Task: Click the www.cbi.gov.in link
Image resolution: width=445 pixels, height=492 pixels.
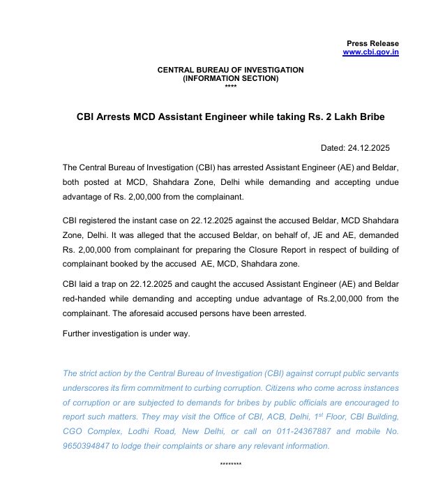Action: click(x=370, y=52)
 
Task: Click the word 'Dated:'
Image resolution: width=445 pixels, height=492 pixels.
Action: click(x=333, y=148)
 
